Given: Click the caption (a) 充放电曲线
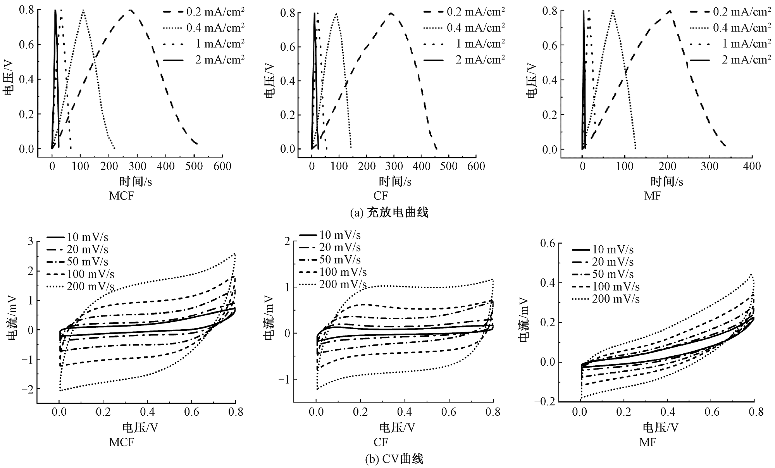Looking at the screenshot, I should click(389, 213).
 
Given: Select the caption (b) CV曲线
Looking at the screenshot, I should click(394, 459).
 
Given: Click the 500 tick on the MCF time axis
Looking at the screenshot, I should click(194, 166).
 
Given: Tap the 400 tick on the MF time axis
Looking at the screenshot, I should click(752, 166).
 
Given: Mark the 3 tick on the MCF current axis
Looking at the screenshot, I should click(30, 242).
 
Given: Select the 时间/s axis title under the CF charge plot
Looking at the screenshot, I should click(395, 181).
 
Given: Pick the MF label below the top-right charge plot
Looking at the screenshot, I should click(653, 196).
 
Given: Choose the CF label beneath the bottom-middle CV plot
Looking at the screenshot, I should click(381, 442).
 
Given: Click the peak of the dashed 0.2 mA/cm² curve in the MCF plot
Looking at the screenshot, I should click(131, 10).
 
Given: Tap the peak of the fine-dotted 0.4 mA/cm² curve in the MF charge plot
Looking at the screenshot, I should click(613, 11).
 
